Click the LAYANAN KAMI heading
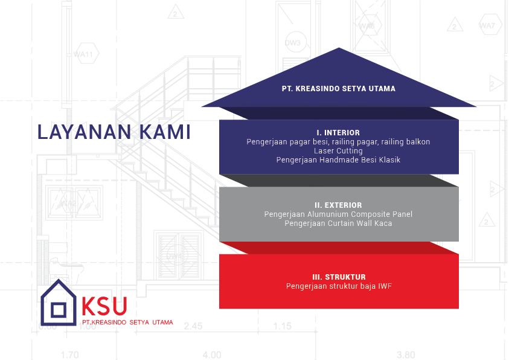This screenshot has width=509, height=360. pyautogui.click(x=114, y=132)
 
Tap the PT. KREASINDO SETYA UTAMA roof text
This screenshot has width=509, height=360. pyautogui.click(x=338, y=89)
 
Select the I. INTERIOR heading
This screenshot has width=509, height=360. pyautogui.click(x=338, y=132)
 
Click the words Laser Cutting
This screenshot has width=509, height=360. pyautogui.click(x=338, y=150)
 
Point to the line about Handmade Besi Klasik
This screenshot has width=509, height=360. pyautogui.click(x=338, y=160)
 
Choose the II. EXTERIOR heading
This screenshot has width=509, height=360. pyautogui.click(x=338, y=205)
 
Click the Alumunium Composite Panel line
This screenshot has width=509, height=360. pyautogui.click(x=338, y=214)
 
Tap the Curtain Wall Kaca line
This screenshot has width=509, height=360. pyautogui.click(x=338, y=223)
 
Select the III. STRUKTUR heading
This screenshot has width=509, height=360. pyautogui.click(x=338, y=277)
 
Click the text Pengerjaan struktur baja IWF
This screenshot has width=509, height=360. pyautogui.click(x=338, y=286)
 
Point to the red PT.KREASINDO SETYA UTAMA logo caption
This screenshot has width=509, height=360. pyautogui.click(x=127, y=323)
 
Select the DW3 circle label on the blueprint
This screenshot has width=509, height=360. pyautogui.click(x=293, y=43)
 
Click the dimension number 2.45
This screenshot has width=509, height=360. pyautogui.click(x=193, y=326)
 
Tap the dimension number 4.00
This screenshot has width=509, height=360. pyautogui.click(x=211, y=355)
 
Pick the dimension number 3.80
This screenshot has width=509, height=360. pyautogui.click(x=405, y=355)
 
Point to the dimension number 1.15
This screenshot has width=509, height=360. pyautogui.click(x=282, y=326)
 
